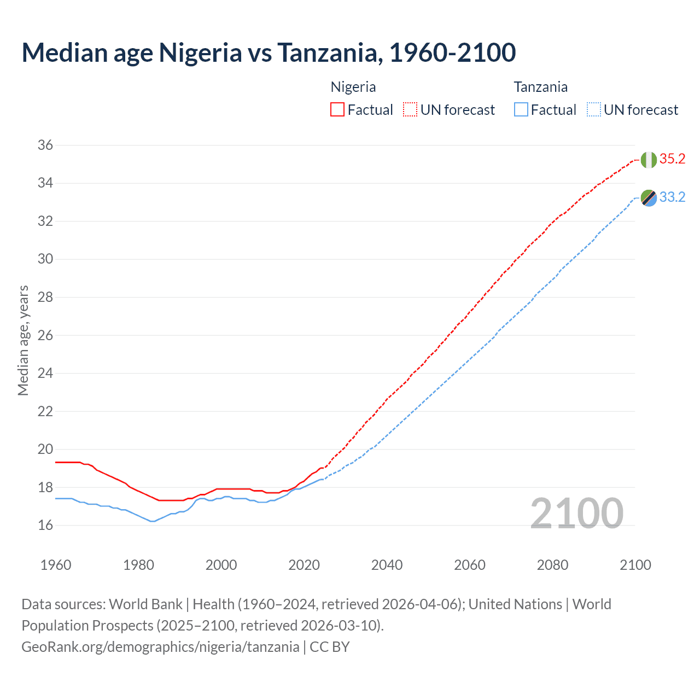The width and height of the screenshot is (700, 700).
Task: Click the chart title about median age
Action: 269,52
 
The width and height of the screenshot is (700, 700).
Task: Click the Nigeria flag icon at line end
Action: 649,160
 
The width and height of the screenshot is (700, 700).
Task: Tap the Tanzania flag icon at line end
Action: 649,198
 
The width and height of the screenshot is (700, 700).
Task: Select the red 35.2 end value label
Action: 672,159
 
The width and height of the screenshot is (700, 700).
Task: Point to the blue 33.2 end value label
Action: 672,197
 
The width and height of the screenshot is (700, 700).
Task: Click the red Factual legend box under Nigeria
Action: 337,110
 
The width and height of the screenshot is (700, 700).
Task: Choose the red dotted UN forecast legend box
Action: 410,110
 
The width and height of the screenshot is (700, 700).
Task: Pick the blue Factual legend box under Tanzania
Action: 521,110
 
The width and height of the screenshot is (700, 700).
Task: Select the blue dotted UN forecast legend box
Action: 593,110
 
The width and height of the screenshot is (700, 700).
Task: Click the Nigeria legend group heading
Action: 353,87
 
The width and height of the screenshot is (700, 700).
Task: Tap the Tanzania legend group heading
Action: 540,87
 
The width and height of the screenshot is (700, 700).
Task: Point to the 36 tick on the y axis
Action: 45,145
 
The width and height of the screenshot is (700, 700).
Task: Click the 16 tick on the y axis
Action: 45,526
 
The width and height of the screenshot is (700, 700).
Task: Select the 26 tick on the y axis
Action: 45,335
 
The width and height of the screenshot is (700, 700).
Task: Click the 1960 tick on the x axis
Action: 56,565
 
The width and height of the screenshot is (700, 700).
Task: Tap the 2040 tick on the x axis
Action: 387,565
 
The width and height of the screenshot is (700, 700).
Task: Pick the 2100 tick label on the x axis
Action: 635,565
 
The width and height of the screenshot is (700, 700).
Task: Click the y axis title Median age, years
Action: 23,340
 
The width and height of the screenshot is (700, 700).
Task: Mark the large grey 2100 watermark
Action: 576,513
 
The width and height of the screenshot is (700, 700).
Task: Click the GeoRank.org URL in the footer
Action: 160,647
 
